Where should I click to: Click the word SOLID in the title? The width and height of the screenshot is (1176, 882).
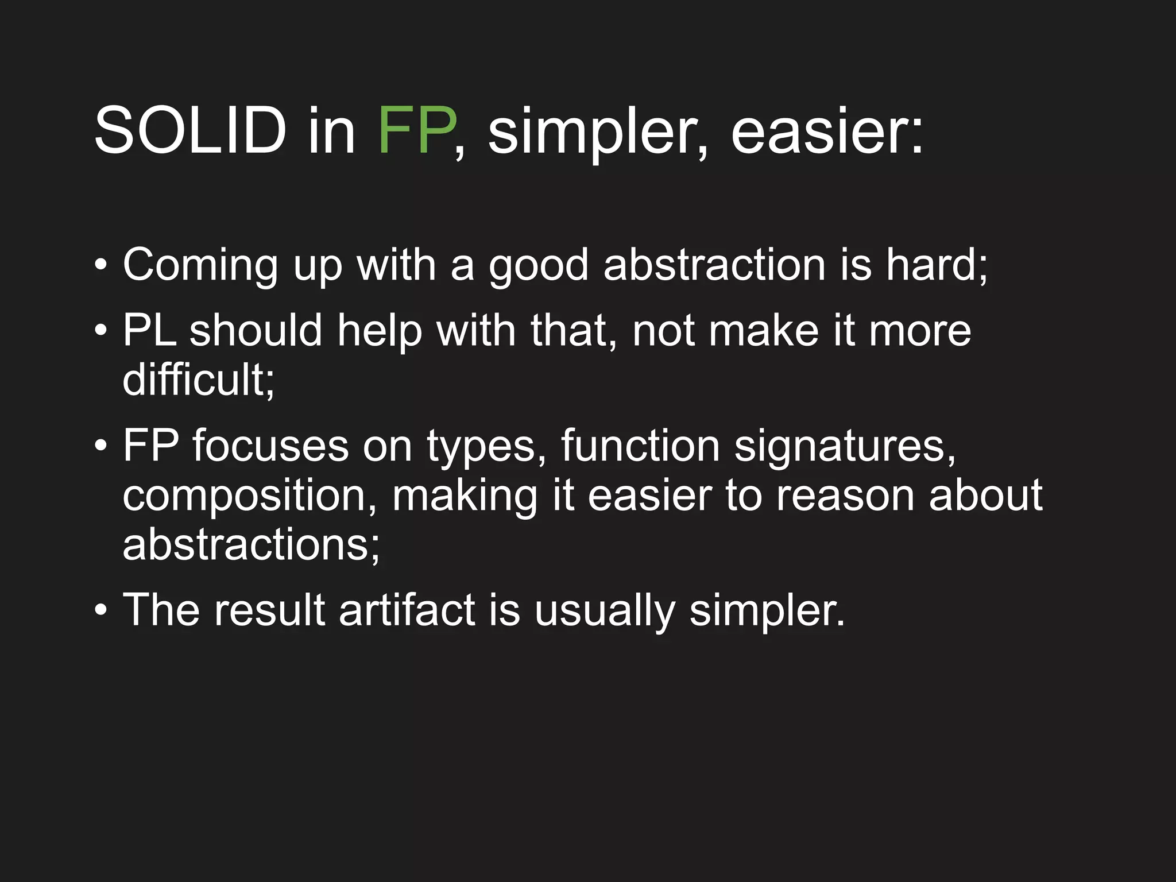(190, 131)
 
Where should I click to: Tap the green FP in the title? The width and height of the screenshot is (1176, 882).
(417, 131)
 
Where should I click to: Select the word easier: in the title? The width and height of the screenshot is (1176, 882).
(827, 131)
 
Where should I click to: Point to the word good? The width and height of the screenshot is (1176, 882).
(539, 265)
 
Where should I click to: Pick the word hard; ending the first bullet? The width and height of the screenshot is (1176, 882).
(936, 265)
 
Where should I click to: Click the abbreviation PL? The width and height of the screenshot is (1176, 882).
(149, 331)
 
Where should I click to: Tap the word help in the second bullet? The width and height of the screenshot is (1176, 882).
(380, 331)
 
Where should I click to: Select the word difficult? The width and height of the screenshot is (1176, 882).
(199, 380)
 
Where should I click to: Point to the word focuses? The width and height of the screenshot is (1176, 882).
(270, 446)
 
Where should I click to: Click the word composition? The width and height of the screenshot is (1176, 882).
(250, 496)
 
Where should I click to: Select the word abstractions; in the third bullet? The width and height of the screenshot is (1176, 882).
(252, 544)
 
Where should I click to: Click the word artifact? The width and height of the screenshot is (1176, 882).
(407, 610)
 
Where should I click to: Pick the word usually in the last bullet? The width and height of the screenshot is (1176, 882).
(605, 610)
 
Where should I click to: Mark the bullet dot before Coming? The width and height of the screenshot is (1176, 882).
(101, 266)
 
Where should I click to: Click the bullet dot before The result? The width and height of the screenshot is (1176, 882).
(101, 610)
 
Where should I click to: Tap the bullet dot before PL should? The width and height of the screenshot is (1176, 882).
(101, 331)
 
